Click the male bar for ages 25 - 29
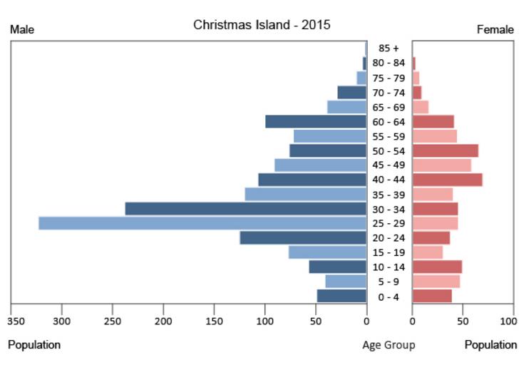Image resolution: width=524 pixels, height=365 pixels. (202, 223)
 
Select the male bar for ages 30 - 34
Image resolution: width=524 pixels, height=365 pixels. (246, 209)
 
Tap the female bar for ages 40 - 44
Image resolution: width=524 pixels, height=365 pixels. (447, 180)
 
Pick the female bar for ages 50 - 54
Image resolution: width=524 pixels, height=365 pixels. (445, 150)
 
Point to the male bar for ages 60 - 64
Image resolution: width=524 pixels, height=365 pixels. (316, 122)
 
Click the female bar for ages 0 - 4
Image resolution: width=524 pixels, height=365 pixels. (432, 296)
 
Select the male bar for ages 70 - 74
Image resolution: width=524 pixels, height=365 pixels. (351, 93)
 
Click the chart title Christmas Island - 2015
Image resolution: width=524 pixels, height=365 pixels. (262, 25)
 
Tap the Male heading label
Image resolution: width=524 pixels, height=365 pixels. (22, 30)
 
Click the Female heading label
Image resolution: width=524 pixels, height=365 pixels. (495, 30)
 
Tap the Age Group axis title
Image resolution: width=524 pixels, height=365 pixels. (389, 345)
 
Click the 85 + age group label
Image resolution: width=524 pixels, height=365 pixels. (389, 48)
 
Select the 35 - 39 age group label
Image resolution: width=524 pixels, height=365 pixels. (389, 195)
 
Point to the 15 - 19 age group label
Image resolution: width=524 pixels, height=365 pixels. (389, 252)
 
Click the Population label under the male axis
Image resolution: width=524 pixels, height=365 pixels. (34, 345)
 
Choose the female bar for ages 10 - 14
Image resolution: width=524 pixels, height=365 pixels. (437, 267)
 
